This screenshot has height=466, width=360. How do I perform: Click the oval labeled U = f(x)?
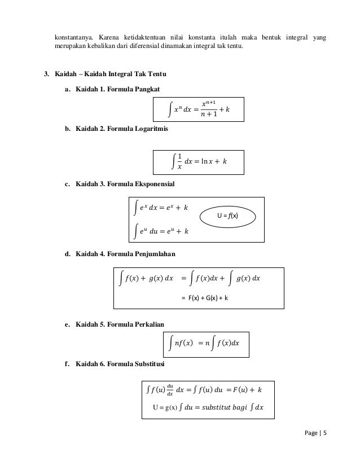pos(229,216)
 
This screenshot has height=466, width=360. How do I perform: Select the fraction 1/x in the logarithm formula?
pos(179,161)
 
